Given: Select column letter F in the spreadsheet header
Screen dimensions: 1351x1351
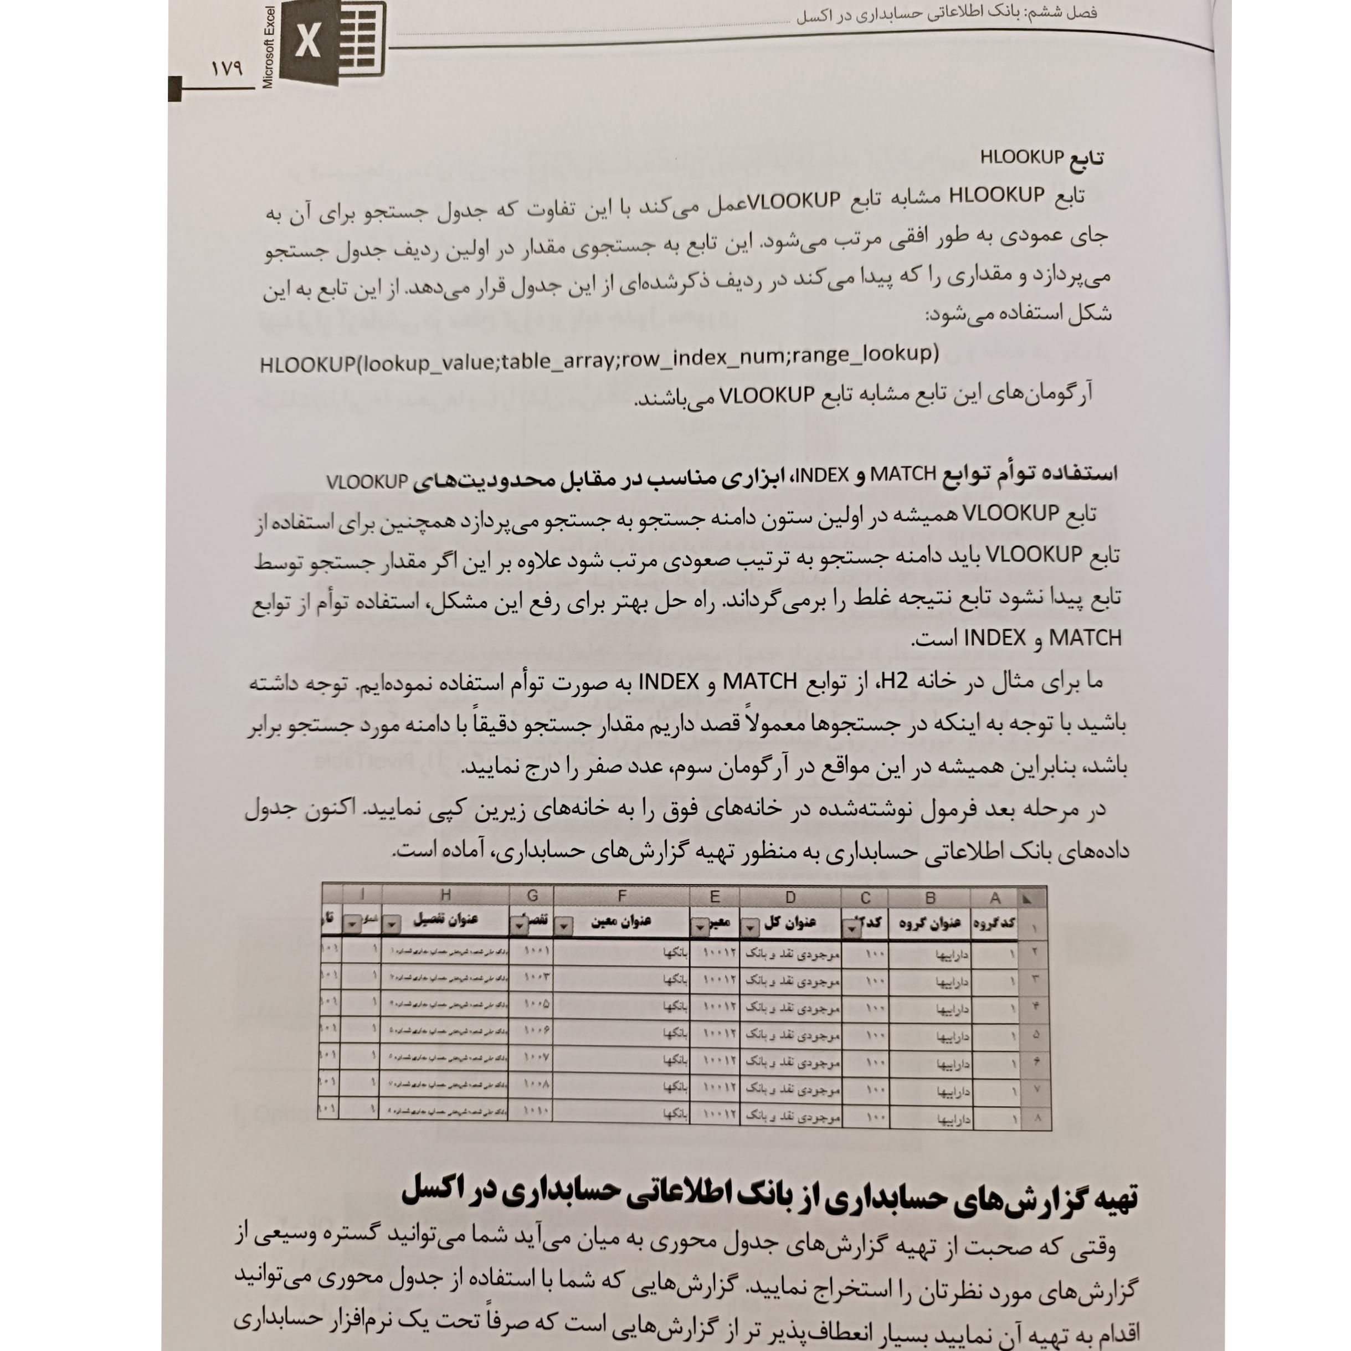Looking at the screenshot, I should click(621, 896).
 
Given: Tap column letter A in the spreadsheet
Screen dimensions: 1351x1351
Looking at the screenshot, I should click(994, 898).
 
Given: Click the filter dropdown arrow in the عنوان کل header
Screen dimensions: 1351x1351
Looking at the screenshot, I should click(749, 927).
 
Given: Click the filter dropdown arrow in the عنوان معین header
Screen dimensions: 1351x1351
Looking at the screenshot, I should click(564, 927).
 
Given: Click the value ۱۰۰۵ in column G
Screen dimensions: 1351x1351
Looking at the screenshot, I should click(536, 1004).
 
